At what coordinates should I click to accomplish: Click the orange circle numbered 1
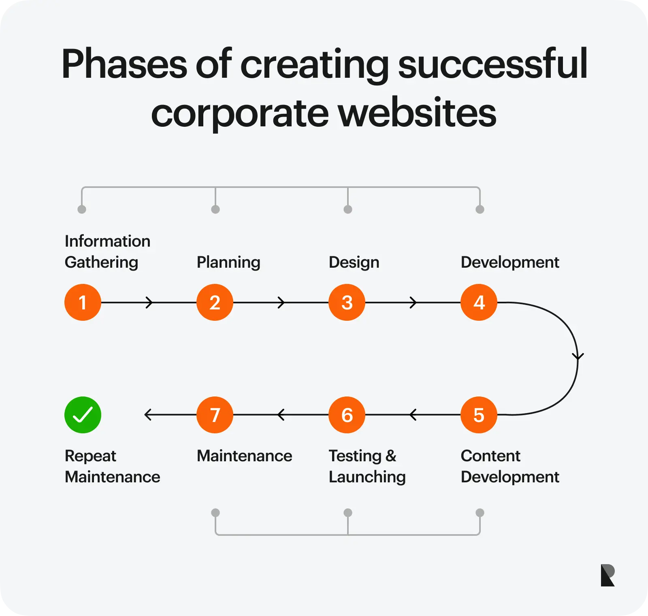click(x=83, y=302)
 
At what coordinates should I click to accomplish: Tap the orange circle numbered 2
click(x=215, y=302)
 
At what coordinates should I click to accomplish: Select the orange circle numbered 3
click(x=347, y=302)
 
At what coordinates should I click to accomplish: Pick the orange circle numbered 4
click(x=479, y=302)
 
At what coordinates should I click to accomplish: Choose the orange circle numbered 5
click(x=479, y=415)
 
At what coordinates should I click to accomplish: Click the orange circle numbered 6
click(x=347, y=415)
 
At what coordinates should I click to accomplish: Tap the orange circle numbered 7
click(x=215, y=415)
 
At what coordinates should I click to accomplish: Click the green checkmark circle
click(x=83, y=415)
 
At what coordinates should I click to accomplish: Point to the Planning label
click(x=228, y=262)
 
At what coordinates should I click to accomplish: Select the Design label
click(x=354, y=262)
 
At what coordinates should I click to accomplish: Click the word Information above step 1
click(x=107, y=241)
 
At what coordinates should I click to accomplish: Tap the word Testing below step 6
click(x=355, y=456)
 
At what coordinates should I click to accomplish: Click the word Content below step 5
click(x=490, y=456)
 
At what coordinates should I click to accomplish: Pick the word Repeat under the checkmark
click(x=90, y=456)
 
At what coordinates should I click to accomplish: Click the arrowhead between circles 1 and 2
click(x=149, y=302)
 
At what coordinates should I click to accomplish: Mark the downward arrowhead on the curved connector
click(x=578, y=356)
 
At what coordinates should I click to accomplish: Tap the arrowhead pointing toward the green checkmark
click(x=148, y=415)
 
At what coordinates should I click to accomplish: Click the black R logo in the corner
click(x=607, y=575)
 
